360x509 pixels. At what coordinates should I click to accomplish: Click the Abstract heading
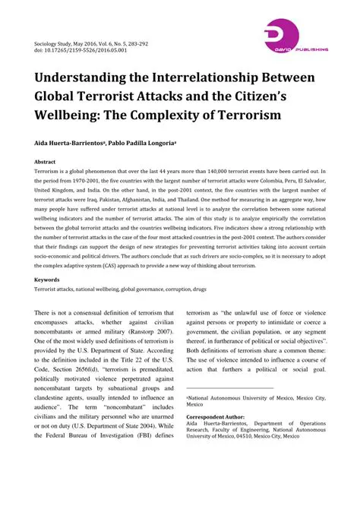tap(45, 162)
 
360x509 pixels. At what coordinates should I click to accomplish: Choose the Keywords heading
tap(47, 280)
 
